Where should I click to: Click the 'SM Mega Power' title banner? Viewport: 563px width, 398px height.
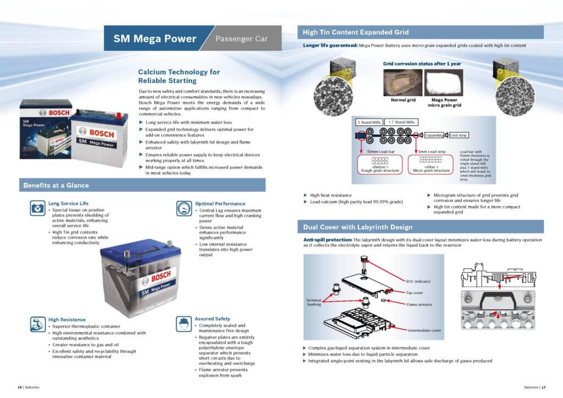click(x=154, y=38)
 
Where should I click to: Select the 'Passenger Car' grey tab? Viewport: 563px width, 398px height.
click(x=241, y=39)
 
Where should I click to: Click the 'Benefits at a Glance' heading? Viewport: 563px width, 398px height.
click(x=56, y=185)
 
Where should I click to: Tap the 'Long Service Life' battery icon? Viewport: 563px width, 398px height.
click(x=38, y=208)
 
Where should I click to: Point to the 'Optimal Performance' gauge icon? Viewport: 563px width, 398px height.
click(x=185, y=208)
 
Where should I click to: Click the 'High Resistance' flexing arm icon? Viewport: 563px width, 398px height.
click(x=38, y=324)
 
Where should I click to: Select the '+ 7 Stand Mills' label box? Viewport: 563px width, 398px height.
click(x=402, y=121)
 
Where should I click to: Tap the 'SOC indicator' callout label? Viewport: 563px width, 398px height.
click(x=418, y=281)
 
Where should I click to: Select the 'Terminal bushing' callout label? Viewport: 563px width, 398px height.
click(x=314, y=302)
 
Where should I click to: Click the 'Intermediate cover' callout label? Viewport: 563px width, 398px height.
click(x=424, y=330)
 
